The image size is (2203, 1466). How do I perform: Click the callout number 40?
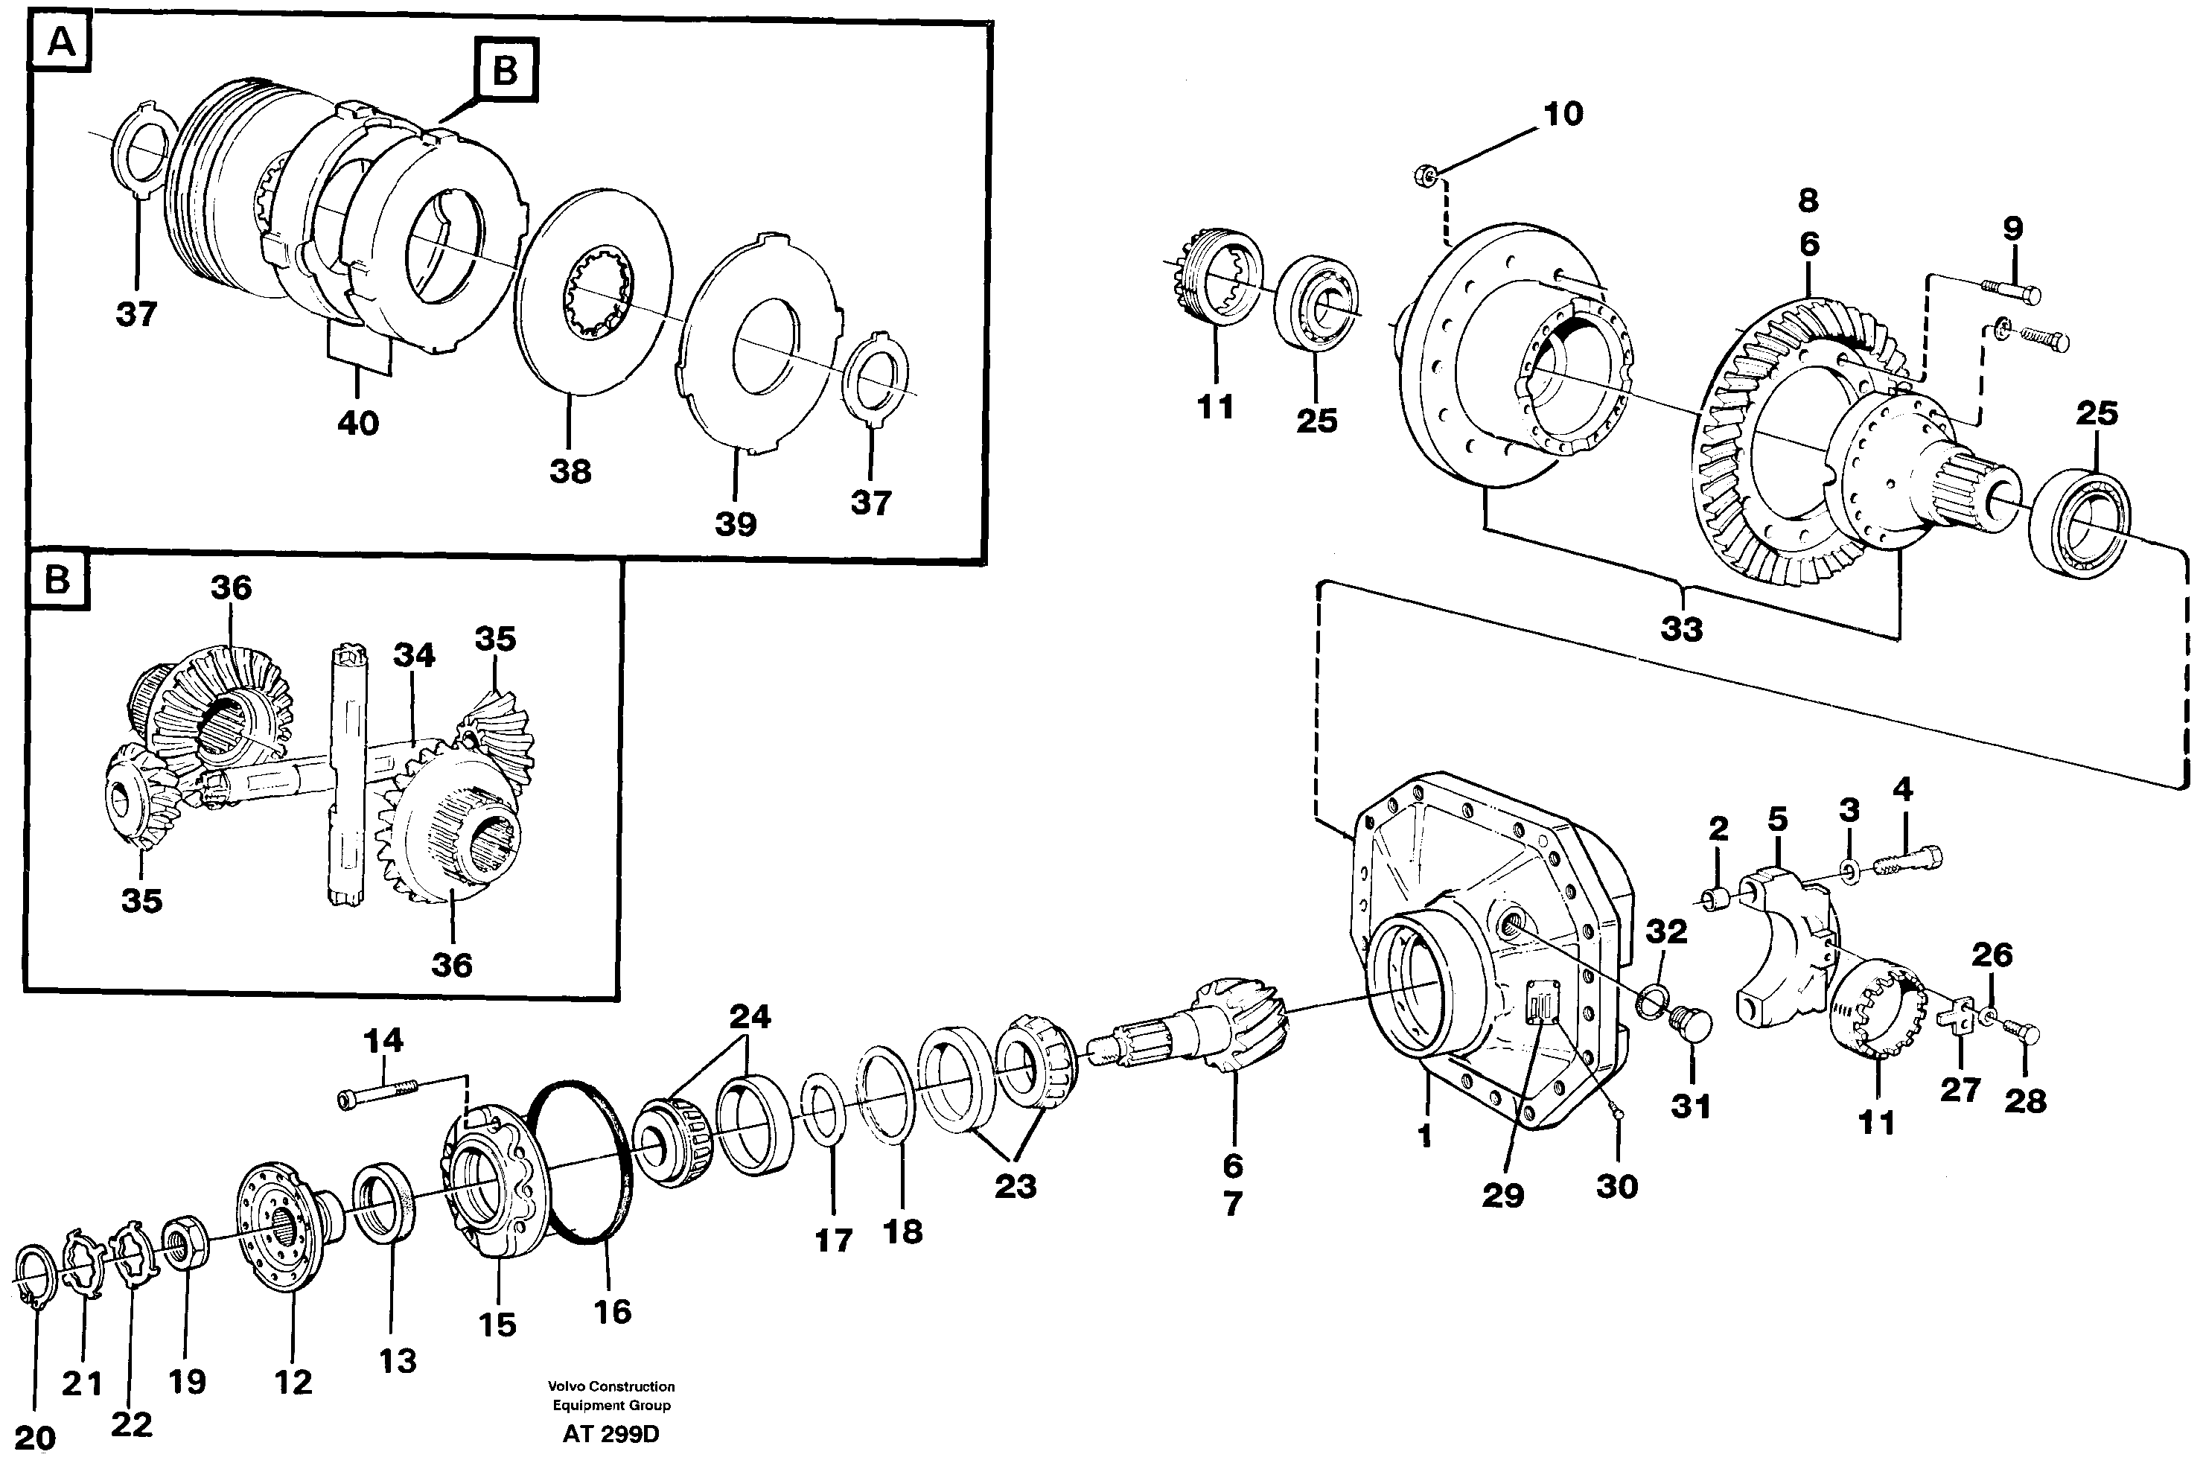click(358, 424)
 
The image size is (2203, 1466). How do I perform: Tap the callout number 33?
click(1681, 629)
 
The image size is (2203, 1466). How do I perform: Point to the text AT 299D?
click(610, 1434)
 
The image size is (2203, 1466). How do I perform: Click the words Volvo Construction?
click(610, 1386)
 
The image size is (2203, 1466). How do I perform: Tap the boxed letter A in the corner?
click(61, 43)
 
